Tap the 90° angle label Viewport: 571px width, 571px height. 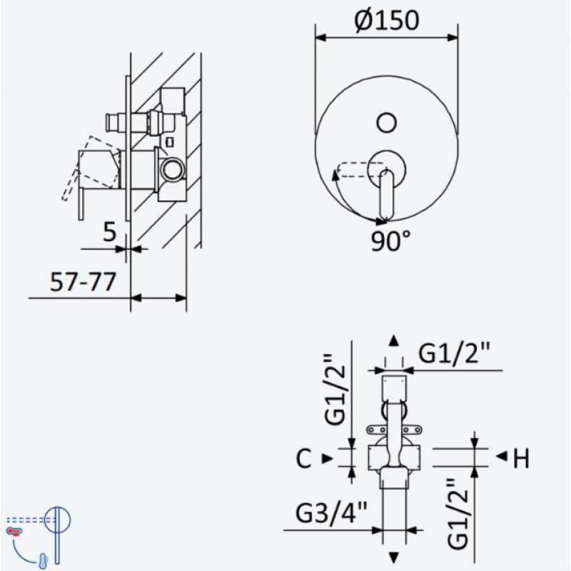[390, 241]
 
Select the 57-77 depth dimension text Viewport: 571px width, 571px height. [83, 281]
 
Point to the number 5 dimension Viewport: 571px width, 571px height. [109, 232]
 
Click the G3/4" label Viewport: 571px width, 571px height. [331, 512]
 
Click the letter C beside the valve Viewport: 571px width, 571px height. [304, 458]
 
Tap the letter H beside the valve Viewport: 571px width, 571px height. [521, 458]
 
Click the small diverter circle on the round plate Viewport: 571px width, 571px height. [386, 123]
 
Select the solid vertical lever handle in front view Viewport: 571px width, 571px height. [386, 194]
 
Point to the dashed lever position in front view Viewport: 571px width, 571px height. [360, 170]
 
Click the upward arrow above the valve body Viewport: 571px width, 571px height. [393, 341]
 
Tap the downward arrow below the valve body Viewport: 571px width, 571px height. [393, 557]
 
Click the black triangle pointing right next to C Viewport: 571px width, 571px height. [328, 458]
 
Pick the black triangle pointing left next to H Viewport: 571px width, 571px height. [502, 455]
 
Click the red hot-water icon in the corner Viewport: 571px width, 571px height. [14, 532]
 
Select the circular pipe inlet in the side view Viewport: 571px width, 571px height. [172, 169]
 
